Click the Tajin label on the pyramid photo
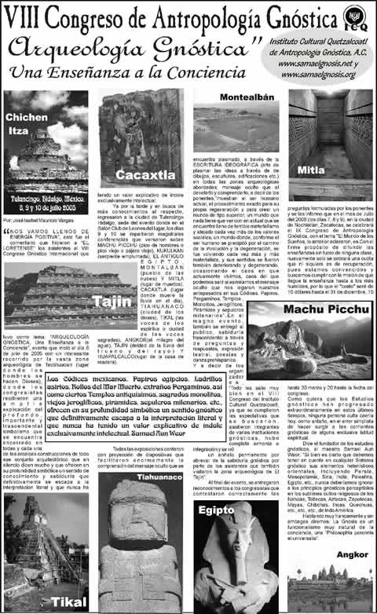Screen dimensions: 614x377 (108, 301)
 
